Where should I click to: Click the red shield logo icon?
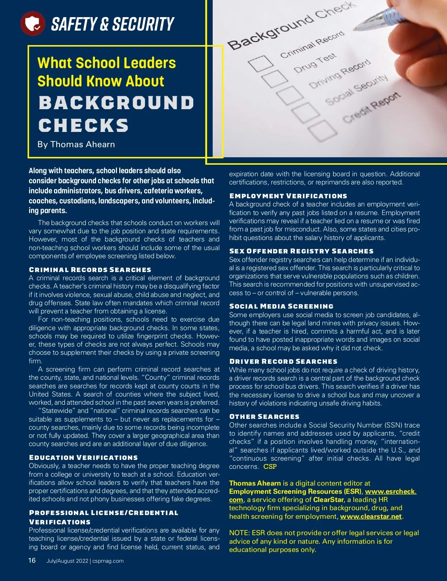coord(33,23)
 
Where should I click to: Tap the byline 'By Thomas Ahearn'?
coord(76,144)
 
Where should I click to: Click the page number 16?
coord(32,560)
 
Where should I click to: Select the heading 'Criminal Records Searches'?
coord(90,269)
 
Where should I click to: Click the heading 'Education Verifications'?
coord(83,457)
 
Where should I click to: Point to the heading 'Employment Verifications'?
coord(288,196)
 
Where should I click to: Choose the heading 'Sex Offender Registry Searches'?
coord(301,251)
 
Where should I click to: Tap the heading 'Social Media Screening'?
coord(281,306)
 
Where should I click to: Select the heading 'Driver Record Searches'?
coord(283,361)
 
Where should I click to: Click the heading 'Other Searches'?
coord(264,416)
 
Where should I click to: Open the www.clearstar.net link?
coord(371,517)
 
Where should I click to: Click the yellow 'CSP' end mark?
coord(270,467)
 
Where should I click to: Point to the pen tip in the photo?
coord(355,28)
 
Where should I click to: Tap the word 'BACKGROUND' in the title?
coord(116,103)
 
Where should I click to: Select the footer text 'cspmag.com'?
coord(108,561)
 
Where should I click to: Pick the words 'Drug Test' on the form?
coord(315,63)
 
